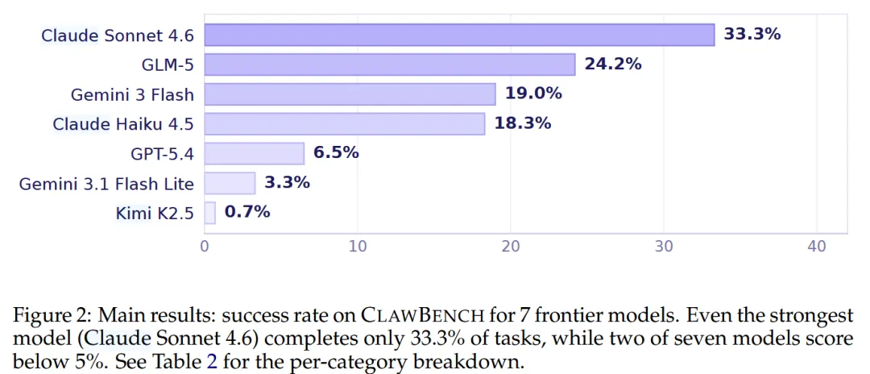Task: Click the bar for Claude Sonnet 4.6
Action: point(459,35)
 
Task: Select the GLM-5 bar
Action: point(390,64)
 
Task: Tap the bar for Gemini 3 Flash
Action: point(350,94)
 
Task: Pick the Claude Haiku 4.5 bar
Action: point(345,124)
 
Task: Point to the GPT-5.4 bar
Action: point(254,154)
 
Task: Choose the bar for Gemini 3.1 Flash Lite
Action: point(230,183)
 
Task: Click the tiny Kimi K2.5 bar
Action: point(209,213)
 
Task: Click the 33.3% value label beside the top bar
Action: point(752,35)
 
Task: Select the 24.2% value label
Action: point(612,64)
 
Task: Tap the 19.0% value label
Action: point(533,93)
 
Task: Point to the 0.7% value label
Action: point(247,213)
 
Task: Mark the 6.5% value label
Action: point(336,153)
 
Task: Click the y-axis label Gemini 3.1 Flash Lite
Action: point(106,184)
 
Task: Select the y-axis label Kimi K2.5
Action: point(155,213)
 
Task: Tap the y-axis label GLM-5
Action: point(168,65)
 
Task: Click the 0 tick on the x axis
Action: point(205,247)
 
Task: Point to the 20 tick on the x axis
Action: point(511,247)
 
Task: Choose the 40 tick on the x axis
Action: point(817,247)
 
